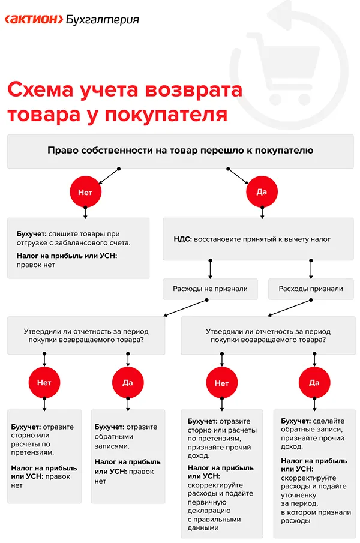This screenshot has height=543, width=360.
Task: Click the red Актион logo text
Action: pos(34,19)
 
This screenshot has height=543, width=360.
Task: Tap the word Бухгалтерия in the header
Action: pos(103,19)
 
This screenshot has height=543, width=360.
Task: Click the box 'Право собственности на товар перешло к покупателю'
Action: pos(180,151)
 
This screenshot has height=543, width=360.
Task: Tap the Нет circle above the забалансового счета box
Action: pos(85,192)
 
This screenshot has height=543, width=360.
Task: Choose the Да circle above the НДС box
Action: pos(262,192)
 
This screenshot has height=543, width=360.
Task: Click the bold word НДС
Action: pos(182,239)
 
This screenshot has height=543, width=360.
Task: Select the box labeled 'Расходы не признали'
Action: pos(209,289)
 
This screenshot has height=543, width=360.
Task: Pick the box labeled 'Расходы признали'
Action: pos(311,289)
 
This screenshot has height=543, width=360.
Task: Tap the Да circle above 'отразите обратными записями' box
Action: pos(128,382)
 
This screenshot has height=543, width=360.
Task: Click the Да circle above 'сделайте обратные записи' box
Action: pos(314,382)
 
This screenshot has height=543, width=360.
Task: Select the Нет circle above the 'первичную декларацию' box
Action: pos(221,382)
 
